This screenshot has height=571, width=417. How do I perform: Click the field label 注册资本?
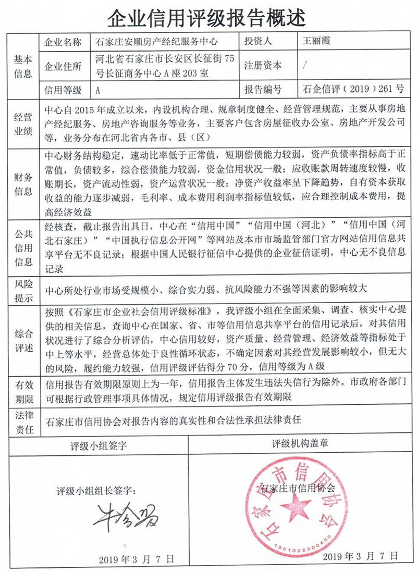click(263, 66)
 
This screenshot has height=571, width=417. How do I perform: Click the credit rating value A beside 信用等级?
click(97, 90)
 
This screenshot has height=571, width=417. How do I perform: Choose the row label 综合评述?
click(22, 340)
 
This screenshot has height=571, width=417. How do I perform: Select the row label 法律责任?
click(22, 423)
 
